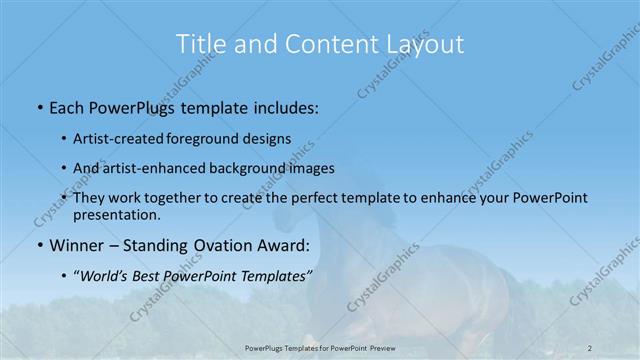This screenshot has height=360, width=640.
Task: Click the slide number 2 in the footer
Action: tap(590, 346)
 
